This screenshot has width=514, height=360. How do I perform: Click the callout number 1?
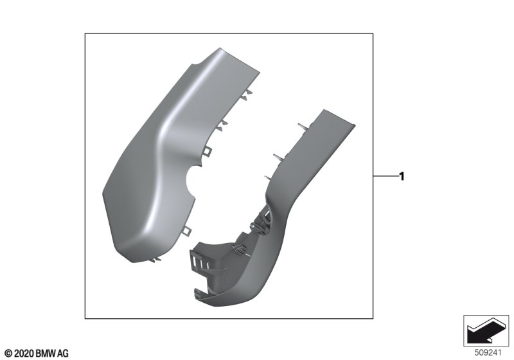pyautogui.click(x=402, y=176)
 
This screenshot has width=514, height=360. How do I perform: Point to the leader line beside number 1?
pyautogui.click(x=385, y=176)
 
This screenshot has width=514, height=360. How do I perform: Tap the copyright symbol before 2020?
pyautogui.click(x=10, y=354)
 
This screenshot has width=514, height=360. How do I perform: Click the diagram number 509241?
pyautogui.click(x=488, y=353)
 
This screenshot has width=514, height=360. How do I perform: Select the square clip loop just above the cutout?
pyautogui.click(x=208, y=151)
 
